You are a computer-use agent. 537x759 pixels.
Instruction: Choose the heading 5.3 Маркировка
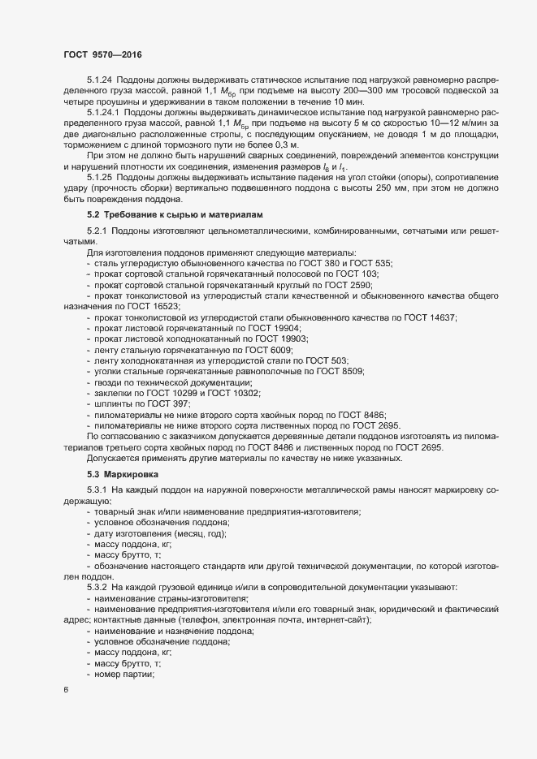tap(123, 473)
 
